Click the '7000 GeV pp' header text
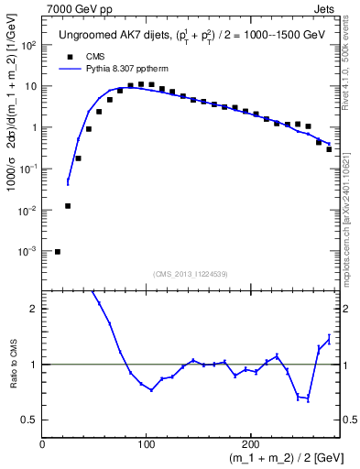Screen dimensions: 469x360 (77, 8)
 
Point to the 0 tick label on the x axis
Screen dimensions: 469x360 (42, 445)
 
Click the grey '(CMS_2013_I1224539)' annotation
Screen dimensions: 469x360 (191, 272)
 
